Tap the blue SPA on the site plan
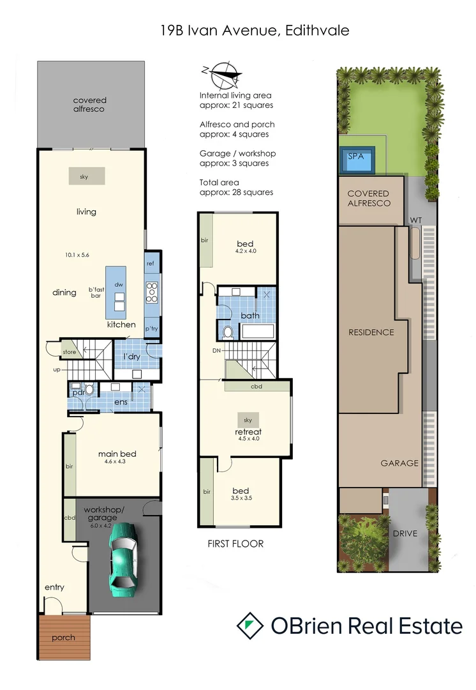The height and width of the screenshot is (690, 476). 357,160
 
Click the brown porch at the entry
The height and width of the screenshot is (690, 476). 64,637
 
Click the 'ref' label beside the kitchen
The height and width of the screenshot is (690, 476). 151,263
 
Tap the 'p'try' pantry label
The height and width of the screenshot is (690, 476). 151,328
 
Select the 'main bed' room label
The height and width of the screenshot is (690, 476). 117,454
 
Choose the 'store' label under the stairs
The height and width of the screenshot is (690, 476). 69,351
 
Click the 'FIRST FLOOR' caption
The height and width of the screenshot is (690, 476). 235,544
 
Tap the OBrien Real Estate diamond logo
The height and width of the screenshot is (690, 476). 250,625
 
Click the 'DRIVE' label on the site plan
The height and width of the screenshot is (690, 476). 406,533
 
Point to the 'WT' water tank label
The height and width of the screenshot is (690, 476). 416,220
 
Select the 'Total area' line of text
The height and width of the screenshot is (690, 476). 219,182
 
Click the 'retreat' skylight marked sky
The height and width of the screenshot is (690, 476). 248,420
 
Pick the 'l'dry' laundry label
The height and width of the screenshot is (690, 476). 132,356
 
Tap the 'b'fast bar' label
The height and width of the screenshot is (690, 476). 96,293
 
